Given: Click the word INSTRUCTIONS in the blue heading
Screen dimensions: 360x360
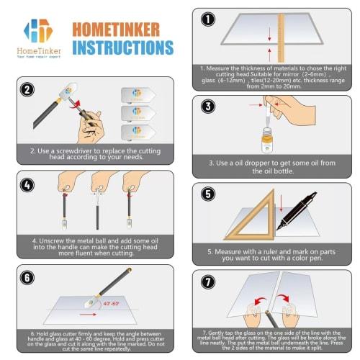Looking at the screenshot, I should [x=123, y=48].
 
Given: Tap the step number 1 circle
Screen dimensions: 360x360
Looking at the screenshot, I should [x=207, y=19].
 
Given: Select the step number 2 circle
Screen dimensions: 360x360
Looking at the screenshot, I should [x=27, y=89].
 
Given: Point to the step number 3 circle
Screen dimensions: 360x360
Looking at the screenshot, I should [x=208, y=106].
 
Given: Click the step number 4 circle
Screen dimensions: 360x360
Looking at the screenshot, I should [x=27, y=184].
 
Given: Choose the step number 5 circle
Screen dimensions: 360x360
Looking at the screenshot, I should [x=208, y=194].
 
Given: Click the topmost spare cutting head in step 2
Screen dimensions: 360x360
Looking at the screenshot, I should [x=138, y=94].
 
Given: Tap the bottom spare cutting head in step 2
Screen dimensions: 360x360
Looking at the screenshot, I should [x=138, y=132].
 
